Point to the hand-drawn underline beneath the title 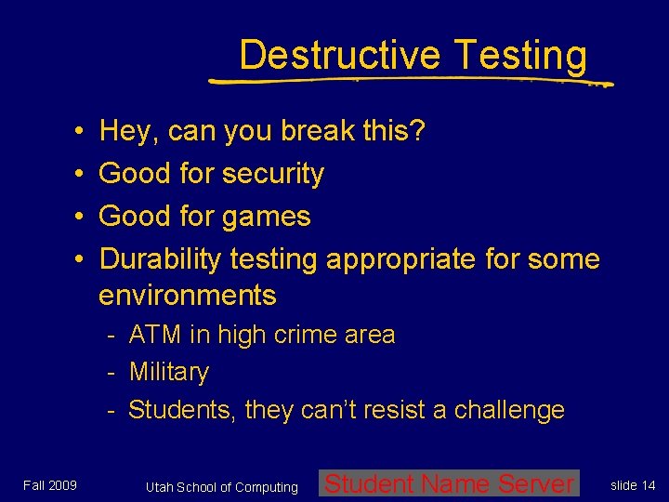point(409,81)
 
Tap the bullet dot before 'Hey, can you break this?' point(81,132)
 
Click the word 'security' point(275,174)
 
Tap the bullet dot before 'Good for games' point(81,217)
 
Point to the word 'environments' point(188,296)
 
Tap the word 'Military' point(169,372)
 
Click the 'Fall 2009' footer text point(50,485)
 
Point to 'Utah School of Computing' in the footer point(222,487)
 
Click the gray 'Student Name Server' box point(449,483)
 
